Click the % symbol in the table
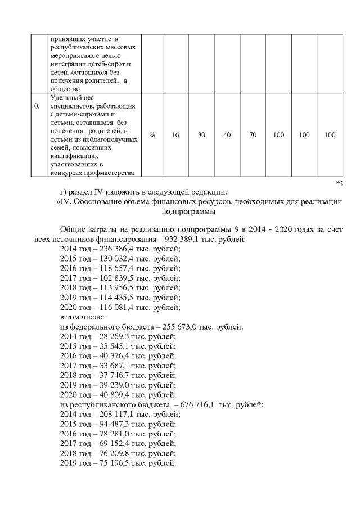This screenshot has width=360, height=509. [152, 136]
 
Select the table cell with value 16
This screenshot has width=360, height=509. [175, 136]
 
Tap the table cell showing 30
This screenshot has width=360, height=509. [201, 136]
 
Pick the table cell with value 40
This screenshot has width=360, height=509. [227, 136]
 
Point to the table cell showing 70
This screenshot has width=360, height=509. [253, 136]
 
